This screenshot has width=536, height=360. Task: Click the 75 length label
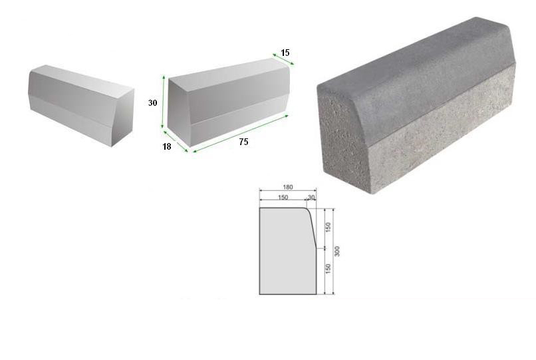[243, 142]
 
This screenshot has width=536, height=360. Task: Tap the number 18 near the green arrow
[166, 146]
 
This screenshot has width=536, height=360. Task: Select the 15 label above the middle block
[285, 53]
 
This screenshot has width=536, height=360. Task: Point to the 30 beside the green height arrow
[152, 102]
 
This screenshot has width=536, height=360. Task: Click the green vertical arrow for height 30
[164, 102]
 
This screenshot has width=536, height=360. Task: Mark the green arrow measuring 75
[241, 134]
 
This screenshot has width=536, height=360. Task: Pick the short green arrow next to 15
[283, 59]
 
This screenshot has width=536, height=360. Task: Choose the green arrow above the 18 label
[176, 140]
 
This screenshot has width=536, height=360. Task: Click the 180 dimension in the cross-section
[288, 187]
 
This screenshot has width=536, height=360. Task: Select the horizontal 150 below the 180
[283, 198]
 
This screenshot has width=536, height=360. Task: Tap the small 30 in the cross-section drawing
[311, 198]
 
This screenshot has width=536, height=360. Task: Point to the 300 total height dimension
[337, 251]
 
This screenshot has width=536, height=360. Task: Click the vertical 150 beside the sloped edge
[328, 228]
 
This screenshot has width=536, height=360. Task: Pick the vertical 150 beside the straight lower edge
[328, 269]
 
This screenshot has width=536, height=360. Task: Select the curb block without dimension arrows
[81, 105]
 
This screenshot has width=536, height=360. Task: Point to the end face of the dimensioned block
[178, 113]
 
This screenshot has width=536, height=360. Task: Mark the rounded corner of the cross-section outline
[307, 209]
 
